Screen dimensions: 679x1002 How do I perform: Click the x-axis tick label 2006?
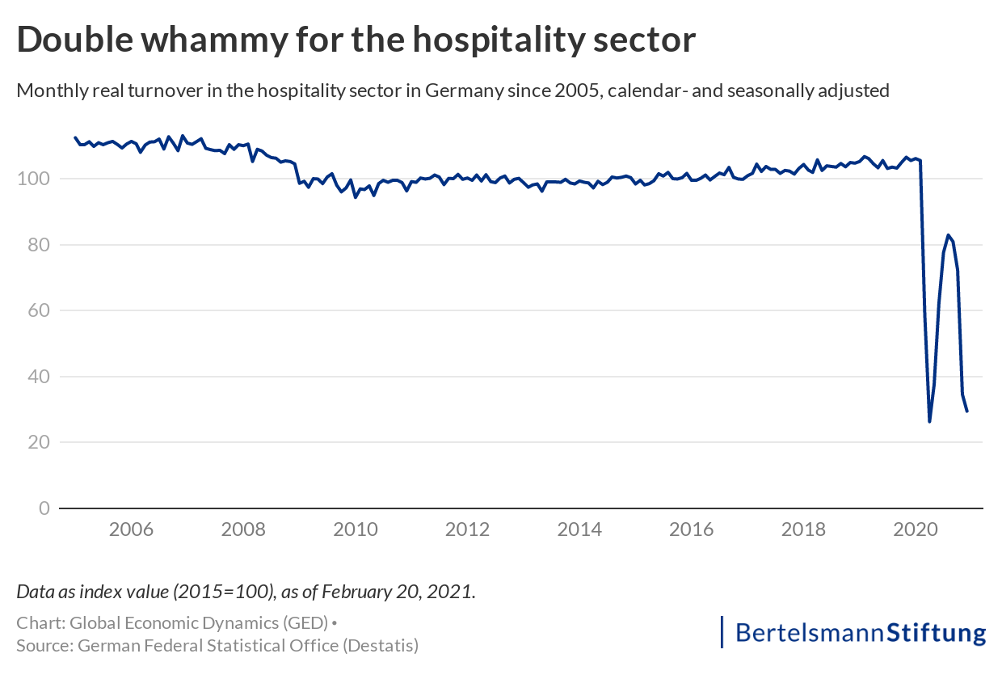pos(131,530)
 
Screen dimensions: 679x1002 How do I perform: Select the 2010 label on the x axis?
pos(356,530)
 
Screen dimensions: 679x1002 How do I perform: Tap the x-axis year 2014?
pos(579,530)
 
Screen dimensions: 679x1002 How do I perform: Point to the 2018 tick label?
pos(804,530)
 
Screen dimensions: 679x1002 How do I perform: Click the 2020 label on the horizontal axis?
pos(916,530)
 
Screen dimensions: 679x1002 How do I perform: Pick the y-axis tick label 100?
pos(38,179)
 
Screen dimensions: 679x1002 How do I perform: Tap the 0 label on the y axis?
pos(44,508)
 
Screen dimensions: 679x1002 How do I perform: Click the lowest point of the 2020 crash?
pos(929,422)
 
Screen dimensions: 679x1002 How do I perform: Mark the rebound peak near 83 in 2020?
pos(948,235)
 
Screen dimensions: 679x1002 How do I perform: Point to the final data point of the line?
pos(967,411)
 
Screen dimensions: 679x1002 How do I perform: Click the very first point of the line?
pos(75,137)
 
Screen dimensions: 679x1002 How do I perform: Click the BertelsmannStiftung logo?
pos(854,632)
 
